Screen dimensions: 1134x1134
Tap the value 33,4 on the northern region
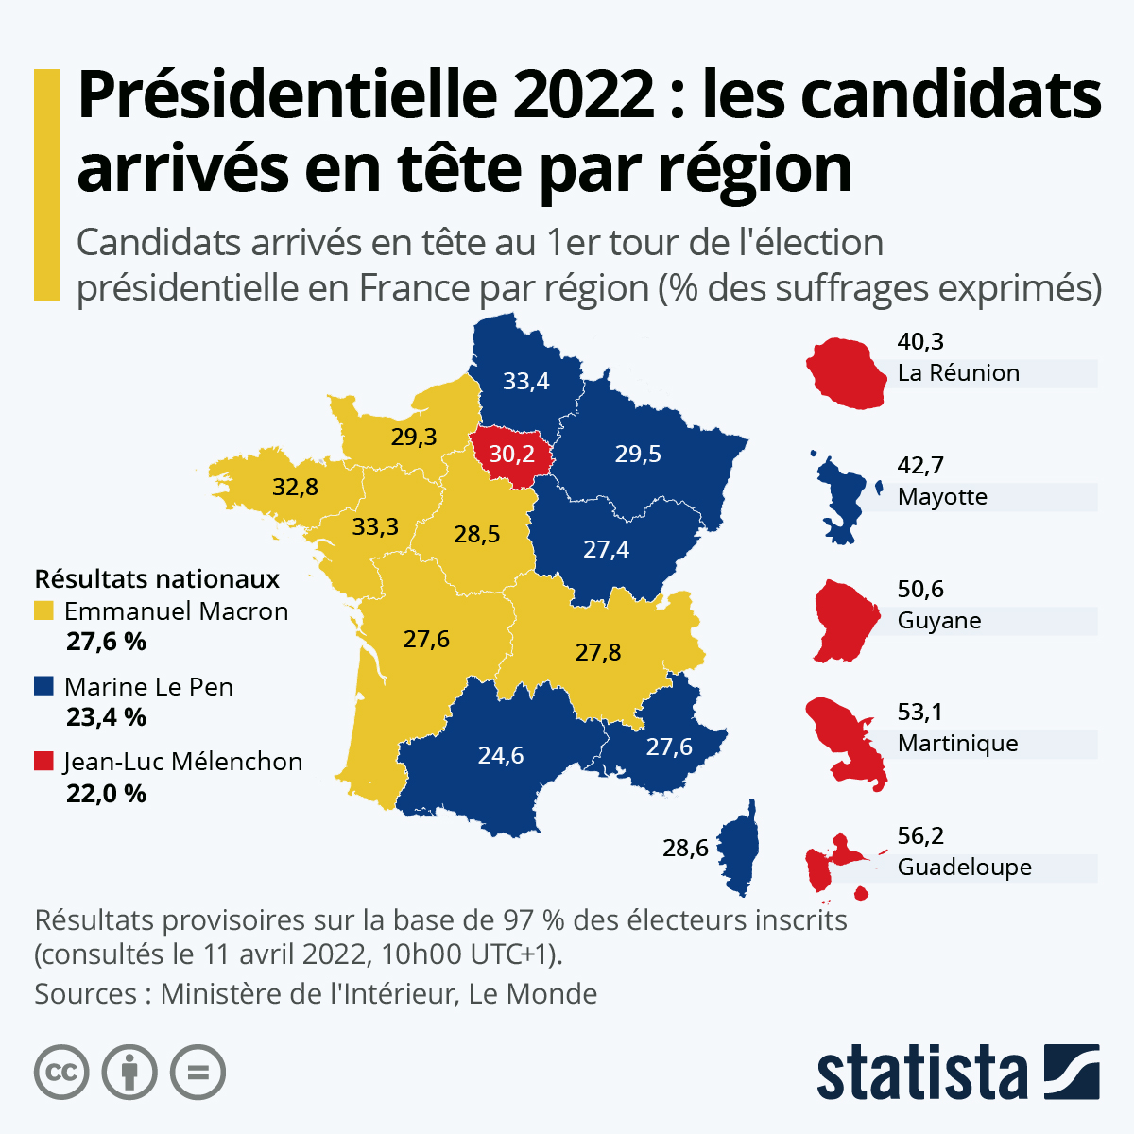pos(525,382)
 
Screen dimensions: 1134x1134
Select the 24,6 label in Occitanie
pos(501,756)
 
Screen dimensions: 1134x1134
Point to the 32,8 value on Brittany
pos(295,488)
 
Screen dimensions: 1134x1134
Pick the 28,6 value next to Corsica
pos(685,849)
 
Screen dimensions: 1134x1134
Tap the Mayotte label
pos(942,497)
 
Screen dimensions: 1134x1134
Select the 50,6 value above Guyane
pos(920,590)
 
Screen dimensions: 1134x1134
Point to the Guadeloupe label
pos(964,868)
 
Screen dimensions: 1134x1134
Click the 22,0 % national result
pos(106,794)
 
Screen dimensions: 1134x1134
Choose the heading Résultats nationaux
pos(157,578)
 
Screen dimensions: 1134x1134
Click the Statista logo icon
pos(1072,1072)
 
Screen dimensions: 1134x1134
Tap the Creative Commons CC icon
pos(61,1073)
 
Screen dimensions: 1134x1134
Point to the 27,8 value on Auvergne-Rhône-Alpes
pos(598,653)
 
